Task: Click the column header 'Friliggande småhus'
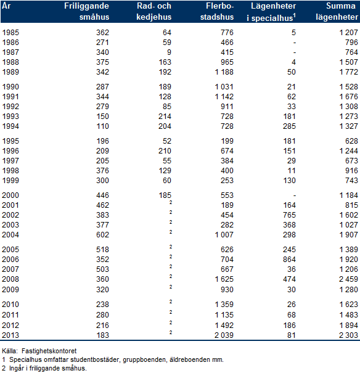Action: [x=86, y=11]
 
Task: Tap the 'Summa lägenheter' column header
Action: [x=337, y=11]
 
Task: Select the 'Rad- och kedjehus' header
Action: [x=154, y=11]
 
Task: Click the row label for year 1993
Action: [x=10, y=117]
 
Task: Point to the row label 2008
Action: [x=10, y=279]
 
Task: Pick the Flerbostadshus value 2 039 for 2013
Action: [x=224, y=335]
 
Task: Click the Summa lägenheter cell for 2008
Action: [x=348, y=279]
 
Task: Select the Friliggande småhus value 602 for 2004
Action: [x=102, y=235]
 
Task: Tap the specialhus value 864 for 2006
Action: [x=289, y=260]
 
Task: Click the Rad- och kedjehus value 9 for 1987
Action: [x=169, y=52]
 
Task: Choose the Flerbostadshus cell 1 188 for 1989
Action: [x=224, y=72]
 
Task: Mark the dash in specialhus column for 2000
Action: [x=295, y=195]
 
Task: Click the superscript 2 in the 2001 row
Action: [x=171, y=202]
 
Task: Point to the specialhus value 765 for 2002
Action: [x=289, y=215]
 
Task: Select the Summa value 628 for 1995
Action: [x=351, y=141]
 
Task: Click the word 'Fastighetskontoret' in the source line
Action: [x=49, y=351]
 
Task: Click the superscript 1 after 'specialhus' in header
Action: [x=295, y=15]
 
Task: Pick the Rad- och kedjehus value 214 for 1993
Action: [x=165, y=117]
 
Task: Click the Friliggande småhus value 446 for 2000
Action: [x=102, y=195]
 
